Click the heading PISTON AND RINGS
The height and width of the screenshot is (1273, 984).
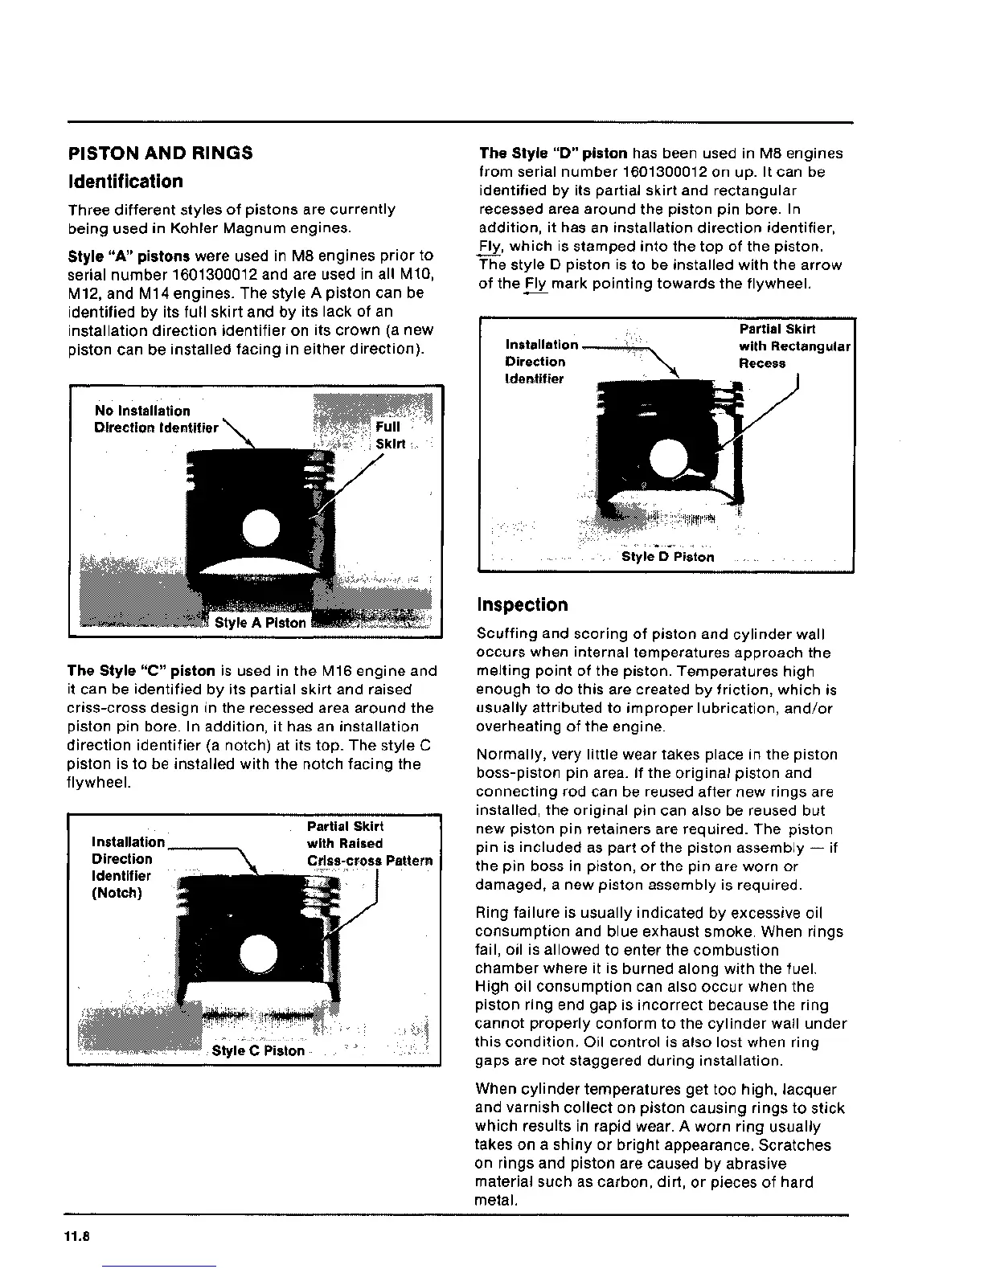[x=160, y=153]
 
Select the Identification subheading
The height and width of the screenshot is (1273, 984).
[x=125, y=182]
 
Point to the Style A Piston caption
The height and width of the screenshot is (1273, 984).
[x=260, y=623]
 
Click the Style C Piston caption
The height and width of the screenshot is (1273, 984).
[x=258, y=1050]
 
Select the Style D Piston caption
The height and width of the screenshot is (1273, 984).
[x=667, y=557]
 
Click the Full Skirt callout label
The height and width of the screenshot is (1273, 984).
[x=390, y=435]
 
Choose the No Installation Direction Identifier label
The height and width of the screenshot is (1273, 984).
[x=155, y=419]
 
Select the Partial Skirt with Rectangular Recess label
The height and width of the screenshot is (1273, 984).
[x=793, y=346]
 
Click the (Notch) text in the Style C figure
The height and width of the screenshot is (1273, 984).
[x=117, y=893]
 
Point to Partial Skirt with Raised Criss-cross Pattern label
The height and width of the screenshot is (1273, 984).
[x=369, y=843]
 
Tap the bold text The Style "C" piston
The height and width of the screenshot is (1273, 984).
[x=141, y=671]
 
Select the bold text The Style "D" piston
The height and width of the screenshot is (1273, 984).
[x=553, y=153]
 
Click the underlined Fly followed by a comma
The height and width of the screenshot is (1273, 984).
[x=489, y=247]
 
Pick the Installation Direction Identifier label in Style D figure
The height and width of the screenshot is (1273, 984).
[x=540, y=362]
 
